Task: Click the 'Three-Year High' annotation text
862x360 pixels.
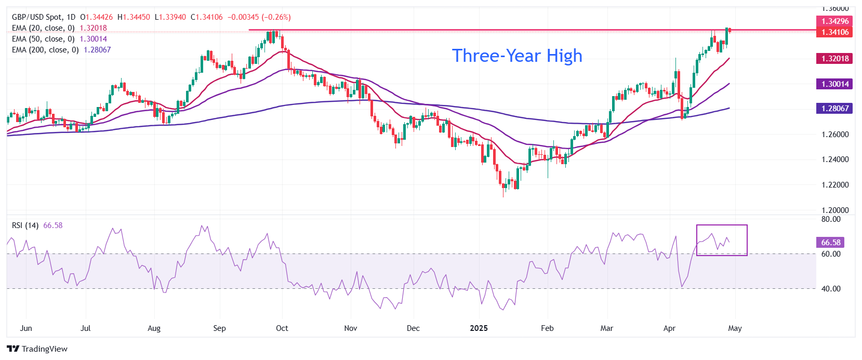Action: coord(517,56)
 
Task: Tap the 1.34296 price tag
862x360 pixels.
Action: coord(835,21)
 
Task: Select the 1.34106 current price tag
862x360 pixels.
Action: coord(835,32)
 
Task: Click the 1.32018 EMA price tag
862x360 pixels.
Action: coord(835,59)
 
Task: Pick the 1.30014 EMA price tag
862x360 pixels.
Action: coord(835,84)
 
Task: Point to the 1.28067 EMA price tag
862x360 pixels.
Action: coord(835,109)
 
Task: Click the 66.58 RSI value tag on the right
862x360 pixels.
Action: coord(831,243)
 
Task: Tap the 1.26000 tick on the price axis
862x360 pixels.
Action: coord(835,135)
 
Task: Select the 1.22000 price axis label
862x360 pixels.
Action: coord(835,185)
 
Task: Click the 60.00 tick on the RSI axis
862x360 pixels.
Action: coord(831,254)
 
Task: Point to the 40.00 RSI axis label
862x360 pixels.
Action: coord(831,289)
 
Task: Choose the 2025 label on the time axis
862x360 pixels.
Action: coord(479,328)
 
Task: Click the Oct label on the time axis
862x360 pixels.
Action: coord(282,328)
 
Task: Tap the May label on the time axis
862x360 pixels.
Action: coord(735,328)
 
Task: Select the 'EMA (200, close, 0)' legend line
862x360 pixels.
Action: coord(45,50)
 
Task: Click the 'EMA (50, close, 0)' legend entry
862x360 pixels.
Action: coord(43,39)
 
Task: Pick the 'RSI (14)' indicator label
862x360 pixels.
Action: coord(25,225)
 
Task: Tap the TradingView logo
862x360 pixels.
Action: coord(37,349)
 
